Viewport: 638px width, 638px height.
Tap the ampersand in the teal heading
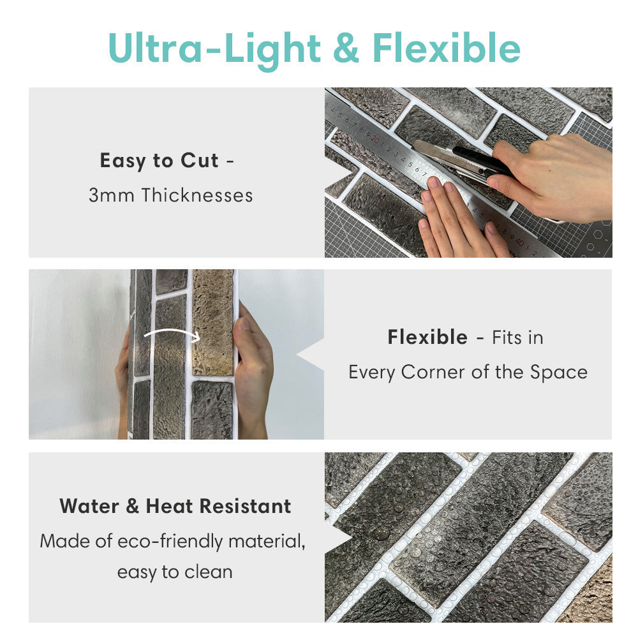coord(346,48)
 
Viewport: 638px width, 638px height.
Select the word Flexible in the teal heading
coord(447,48)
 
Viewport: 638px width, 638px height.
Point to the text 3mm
coord(112,195)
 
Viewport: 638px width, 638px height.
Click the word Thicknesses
coord(197,195)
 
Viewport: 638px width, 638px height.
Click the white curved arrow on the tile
coord(171,330)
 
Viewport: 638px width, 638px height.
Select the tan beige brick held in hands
coord(213,322)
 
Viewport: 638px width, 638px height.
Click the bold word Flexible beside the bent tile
coord(427,338)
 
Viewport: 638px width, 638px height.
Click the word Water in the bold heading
coord(89,507)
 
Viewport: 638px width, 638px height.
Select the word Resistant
coord(246,507)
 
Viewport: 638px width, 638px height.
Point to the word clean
coord(209,572)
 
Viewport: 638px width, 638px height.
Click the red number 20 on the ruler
coord(375,140)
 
